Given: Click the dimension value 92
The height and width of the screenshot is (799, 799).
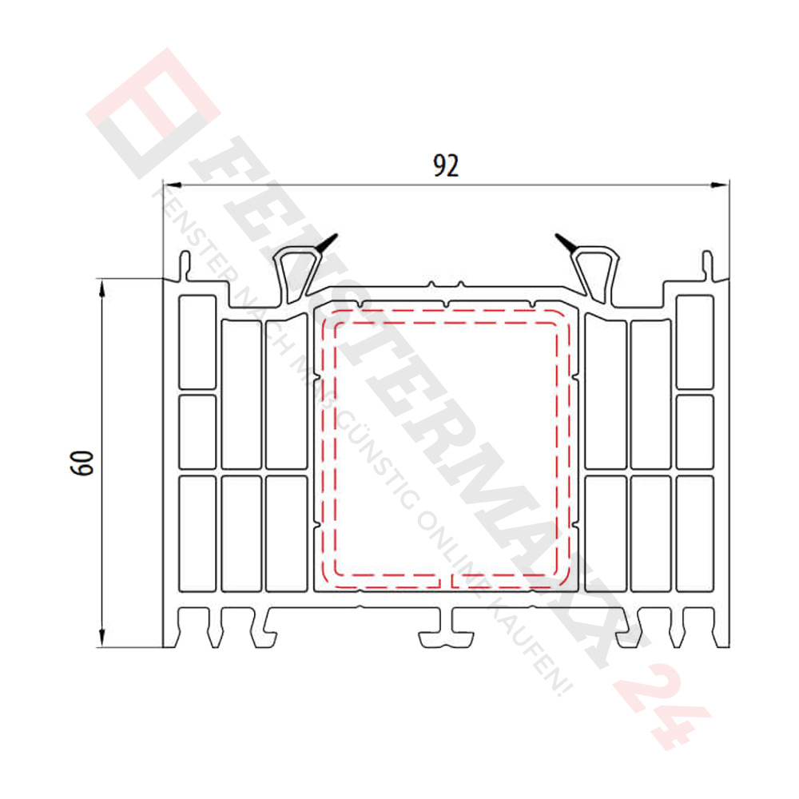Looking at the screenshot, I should (x=447, y=165).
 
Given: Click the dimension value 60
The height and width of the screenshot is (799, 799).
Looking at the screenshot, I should (x=83, y=463).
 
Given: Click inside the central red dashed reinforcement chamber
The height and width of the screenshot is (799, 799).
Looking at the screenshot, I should (x=446, y=447).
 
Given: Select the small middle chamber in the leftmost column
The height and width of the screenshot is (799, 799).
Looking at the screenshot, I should (x=197, y=431).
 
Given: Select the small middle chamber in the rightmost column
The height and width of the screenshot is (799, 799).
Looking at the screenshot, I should (x=694, y=431).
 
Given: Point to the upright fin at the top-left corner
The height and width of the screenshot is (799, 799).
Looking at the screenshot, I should (x=185, y=265).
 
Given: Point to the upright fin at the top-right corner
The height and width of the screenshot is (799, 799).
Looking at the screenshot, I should (x=707, y=265).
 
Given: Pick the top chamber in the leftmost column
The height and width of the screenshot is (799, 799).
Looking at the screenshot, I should (x=197, y=342).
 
